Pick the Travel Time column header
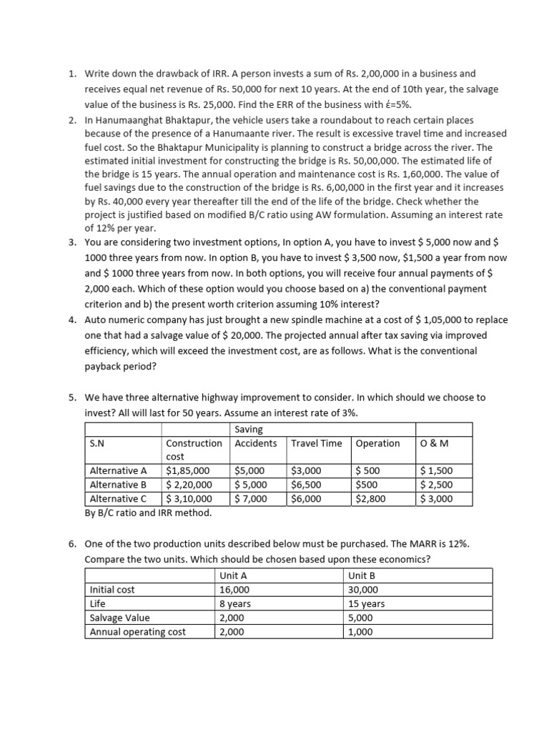coord(316,443)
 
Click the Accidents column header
coord(256,443)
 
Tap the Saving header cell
coord(249,429)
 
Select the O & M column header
coord(432,443)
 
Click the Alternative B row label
coord(119,485)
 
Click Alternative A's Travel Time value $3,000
coord(307,470)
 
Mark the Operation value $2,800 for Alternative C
coord(370,499)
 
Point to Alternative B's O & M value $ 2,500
coord(437,485)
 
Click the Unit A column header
coord(234,575)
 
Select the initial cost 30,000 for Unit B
coord(364,590)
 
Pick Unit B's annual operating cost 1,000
coord(361,632)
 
